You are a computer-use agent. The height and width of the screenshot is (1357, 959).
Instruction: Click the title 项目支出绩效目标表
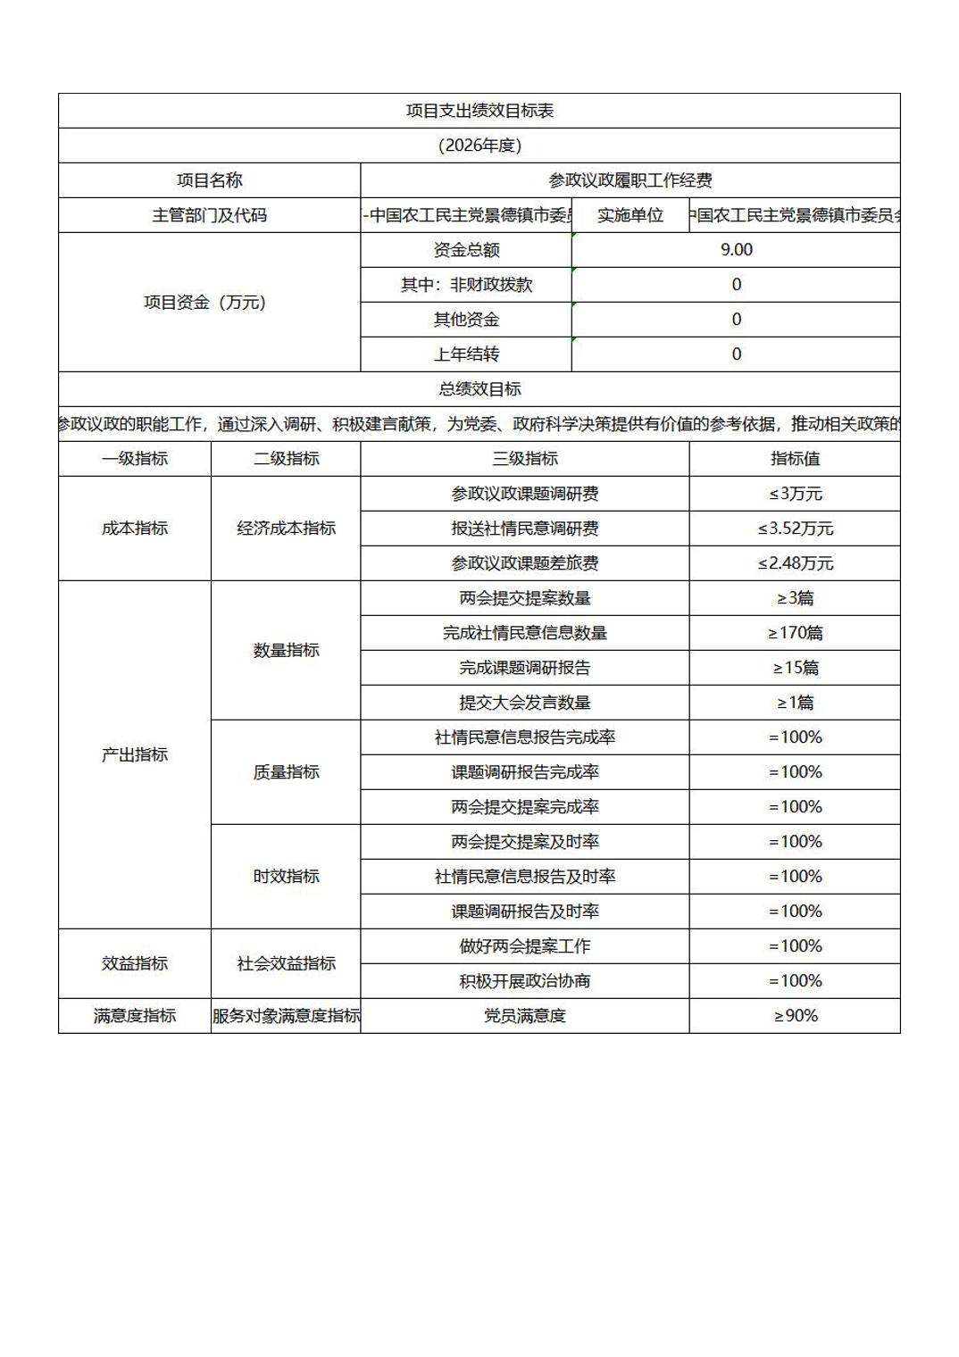tap(479, 111)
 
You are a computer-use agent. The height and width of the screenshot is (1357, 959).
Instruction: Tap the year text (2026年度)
tap(479, 146)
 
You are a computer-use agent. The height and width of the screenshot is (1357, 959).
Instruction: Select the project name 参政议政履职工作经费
tap(630, 180)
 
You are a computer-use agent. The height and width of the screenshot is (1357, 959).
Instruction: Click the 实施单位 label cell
tap(630, 215)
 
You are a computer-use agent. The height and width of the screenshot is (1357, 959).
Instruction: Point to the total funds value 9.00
tap(737, 250)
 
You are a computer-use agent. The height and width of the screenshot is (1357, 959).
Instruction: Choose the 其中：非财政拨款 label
tap(466, 285)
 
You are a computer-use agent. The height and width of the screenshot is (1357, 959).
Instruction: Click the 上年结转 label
tap(466, 354)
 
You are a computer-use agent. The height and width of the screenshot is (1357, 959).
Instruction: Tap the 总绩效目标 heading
tap(479, 389)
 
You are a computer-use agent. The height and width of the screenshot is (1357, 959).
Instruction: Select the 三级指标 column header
tap(525, 459)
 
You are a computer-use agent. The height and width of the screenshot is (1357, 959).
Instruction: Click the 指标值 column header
tap(795, 459)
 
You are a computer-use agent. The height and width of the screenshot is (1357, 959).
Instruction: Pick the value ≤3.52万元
tap(795, 529)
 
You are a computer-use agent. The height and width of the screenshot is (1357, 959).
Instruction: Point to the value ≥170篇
tap(795, 633)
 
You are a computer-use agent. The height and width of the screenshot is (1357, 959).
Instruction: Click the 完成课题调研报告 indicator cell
tap(525, 668)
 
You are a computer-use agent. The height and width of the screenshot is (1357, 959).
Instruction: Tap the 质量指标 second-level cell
tap(286, 772)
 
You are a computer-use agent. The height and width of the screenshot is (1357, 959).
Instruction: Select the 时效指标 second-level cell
tap(286, 877)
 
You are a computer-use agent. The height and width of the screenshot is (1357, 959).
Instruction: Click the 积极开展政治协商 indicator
tap(525, 981)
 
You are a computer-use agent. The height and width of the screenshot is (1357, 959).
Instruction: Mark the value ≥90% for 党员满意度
tap(795, 1016)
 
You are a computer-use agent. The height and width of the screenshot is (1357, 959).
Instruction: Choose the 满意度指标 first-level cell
tap(135, 1016)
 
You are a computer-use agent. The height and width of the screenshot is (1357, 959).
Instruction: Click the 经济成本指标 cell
tap(286, 529)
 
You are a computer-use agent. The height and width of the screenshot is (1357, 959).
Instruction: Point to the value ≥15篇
tap(795, 668)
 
